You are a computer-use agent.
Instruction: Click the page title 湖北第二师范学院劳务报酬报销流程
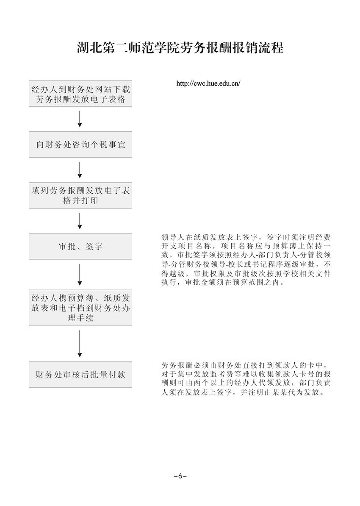tap(180, 47)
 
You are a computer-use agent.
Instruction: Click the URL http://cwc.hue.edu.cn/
tap(208, 83)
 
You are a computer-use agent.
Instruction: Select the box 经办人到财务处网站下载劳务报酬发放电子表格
tap(80, 94)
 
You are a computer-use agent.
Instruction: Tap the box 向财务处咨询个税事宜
tap(80, 145)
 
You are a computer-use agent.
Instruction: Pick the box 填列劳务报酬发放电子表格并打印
tap(80, 195)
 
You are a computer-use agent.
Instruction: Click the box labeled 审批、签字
tap(80, 246)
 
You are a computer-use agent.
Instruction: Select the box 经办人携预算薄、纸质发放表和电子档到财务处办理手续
tap(80, 307)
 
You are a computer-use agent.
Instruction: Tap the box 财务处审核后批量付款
tap(80, 374)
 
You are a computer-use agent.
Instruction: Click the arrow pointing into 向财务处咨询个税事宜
tap(80, 119)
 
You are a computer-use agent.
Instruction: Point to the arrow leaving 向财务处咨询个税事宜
tap(80, 170)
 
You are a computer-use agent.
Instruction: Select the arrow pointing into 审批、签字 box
tap(80, 220)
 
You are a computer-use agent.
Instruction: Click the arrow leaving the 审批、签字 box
tap(80, 274)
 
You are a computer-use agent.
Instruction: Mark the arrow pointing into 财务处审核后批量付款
tap(80, 343)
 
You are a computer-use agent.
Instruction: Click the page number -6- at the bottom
tap(180, 476)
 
